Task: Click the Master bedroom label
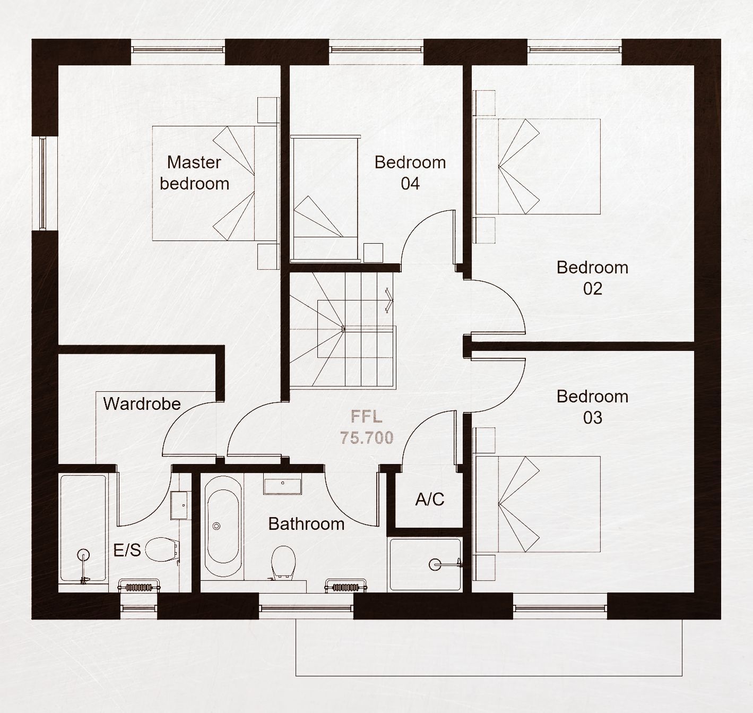(195, 173)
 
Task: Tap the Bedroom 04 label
(410, 173)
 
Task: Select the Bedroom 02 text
(593, 278)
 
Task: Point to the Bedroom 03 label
(593, 407)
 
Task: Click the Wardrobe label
(142, 404)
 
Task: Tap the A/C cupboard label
(430, 500)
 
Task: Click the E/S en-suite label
(127, 551)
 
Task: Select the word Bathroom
(306, 524)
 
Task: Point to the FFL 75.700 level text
(367, 427)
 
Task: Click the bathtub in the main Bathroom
(223, 526)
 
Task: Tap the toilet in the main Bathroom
(283, 562)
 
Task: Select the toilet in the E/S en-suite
(162, 549)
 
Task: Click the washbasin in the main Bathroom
(283, 484)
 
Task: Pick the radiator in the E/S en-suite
(139, 587)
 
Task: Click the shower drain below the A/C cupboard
(434, 565)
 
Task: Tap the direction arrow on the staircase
(389, 300)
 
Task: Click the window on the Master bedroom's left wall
(43, 183)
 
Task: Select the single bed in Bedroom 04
(325, 198)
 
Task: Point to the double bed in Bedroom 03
(538, 504)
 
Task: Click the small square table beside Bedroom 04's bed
(373, 253)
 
